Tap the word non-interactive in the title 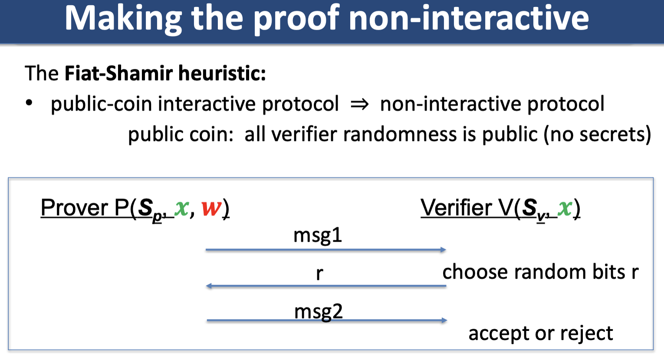click(469, 18)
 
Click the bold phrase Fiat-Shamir click(118, 73)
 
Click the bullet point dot click(29, 103)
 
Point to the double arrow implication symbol click(360, 104)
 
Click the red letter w click(211, 208)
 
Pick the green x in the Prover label click(181, 208)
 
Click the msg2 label click(319, 312)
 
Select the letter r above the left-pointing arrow click(319, 274)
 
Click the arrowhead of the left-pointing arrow click(209, 286)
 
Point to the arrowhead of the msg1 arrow click(443, 250)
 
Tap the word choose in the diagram click(475, 272)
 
